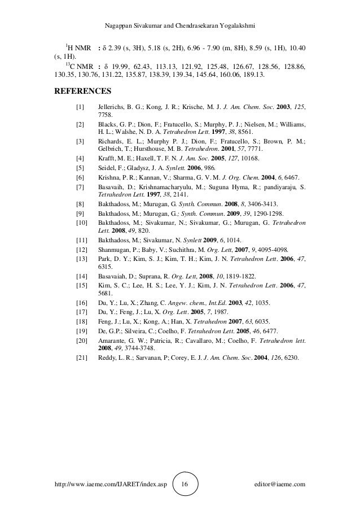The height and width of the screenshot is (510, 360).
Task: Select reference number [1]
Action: pyautogui.click(x=80, y=107)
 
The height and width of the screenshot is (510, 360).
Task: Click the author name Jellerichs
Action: pyautogui.click(x=113, y=107)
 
